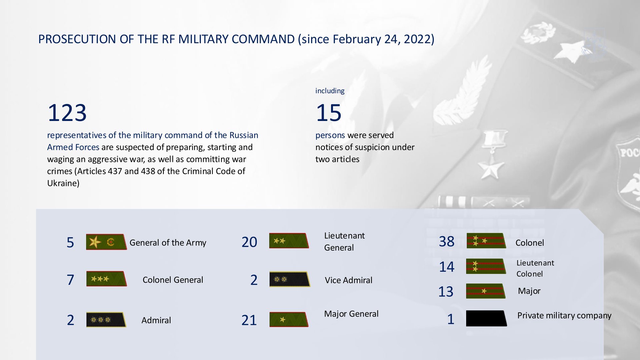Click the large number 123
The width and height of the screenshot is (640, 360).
point(67,113)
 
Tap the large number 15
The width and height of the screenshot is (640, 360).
point(329,113)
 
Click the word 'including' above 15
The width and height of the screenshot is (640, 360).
point(330,91)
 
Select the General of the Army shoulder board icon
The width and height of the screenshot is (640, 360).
point(106,242)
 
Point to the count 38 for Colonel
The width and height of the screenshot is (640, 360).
point(447,241)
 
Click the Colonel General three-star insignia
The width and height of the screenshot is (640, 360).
point(107,279)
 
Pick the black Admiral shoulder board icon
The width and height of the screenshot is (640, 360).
point(106,319)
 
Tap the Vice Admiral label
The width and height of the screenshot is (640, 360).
point(348,280)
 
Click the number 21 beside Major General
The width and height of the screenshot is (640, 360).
point(249,320)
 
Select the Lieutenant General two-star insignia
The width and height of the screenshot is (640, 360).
point(289,241)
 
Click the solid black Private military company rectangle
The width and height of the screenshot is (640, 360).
point(486,318)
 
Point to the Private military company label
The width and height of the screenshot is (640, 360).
point(564,316)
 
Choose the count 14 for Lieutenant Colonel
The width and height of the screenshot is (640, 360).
point(447,267)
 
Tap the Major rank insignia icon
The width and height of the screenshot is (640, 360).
point(486,291)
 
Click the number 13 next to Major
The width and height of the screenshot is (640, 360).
point(446,292)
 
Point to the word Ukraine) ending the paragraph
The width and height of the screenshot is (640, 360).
point(63,183)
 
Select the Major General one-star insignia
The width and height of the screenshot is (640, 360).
point(289,319)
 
